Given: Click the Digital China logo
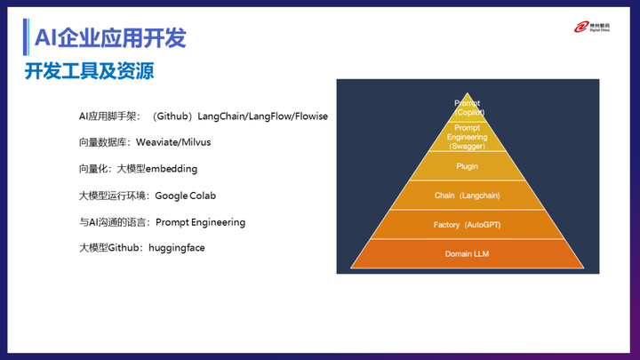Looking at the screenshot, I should click(x=592, y=28).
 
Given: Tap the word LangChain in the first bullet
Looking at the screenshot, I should click(x=220, y=116).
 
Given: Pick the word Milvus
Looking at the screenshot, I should click(x=196, y=142).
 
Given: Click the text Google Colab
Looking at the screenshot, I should click(x=185, y=196).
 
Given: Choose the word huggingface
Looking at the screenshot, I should click(x=176, y=248).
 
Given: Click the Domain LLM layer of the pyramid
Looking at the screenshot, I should click(x=467, y=254).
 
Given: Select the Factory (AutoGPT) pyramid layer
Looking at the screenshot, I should click(x=467, y=225).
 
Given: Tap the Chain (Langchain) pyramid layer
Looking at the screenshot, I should click(x=467, y=196).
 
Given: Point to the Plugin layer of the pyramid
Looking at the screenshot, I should click(x=467, y=166).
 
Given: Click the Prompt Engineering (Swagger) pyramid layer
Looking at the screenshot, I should click(x=467, y=137).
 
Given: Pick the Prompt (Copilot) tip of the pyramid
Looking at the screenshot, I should click(x=467, y=108).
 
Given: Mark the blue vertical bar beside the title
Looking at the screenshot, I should click(x=26, y=37).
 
